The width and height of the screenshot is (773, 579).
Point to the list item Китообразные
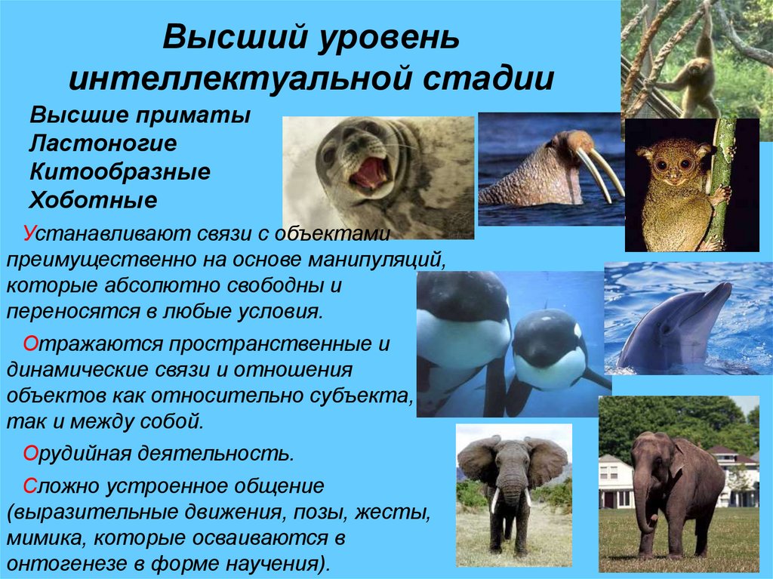120,171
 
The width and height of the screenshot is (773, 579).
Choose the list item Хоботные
93,200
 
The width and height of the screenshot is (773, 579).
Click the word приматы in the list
193,115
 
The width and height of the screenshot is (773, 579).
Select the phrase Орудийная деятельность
159,454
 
